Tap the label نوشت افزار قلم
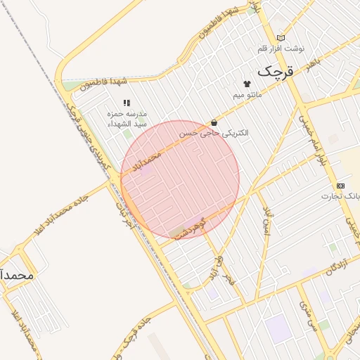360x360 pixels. point(282,49)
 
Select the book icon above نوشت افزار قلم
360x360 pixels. point(281,37)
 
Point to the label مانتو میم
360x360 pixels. point(247,94)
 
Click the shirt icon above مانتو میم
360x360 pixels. point(246,83)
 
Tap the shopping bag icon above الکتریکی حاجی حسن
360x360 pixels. point(213,122)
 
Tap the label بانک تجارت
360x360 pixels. point(341,195)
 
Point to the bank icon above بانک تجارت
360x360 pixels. point(341,185)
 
